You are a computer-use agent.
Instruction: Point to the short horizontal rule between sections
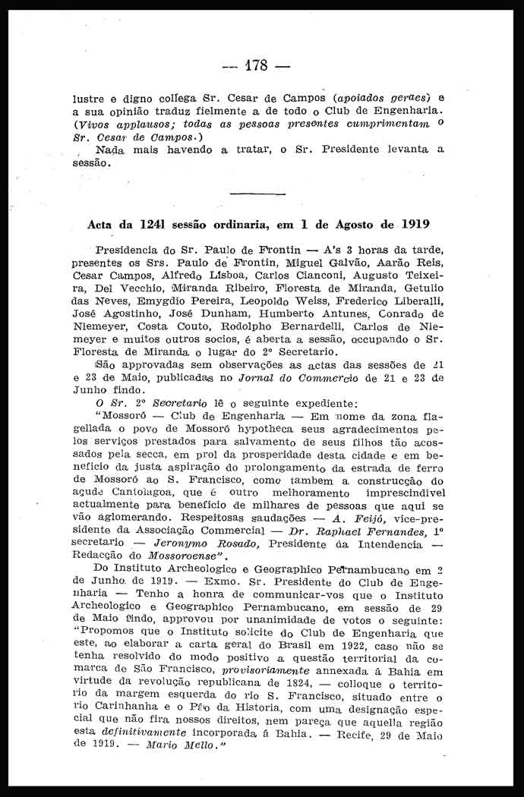tap(257, 194)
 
